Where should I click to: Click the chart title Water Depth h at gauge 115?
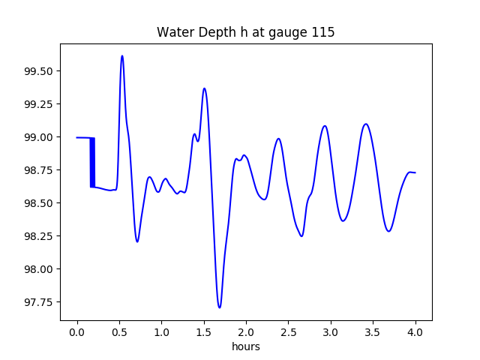[x=245, y=33]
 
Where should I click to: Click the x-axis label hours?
[x=246, y=346]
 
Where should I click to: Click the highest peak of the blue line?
[x=122, y=56]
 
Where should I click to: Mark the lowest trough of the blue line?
[x=219, y=307]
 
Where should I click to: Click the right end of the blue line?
[x=415, y=172]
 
